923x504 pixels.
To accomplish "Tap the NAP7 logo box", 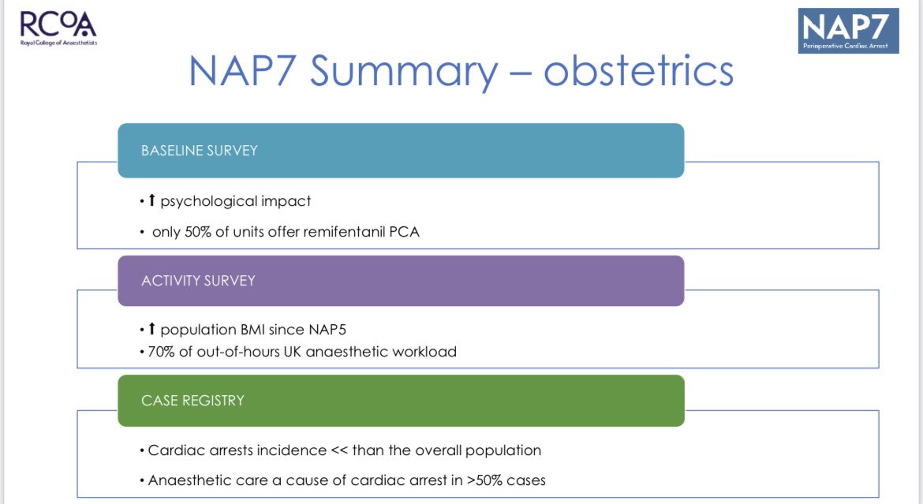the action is tap(848, 31).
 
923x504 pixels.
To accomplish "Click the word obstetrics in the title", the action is tap(638, 71).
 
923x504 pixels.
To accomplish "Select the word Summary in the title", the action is tap(403, 71).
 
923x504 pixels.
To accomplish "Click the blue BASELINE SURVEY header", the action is tap(400, 150).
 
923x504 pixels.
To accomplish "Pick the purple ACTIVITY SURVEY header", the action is tap(400, 280).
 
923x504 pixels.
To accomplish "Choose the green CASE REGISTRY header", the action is tap(400, 400).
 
